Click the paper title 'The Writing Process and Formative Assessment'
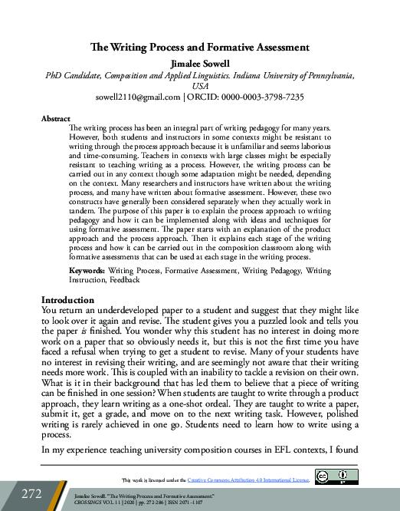(x=199, y=48)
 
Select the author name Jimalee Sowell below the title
(x=199, y=62)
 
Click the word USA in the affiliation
(x=200, y=87)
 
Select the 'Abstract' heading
(x=55, y=119)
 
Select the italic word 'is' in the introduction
(x=104, y=324)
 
